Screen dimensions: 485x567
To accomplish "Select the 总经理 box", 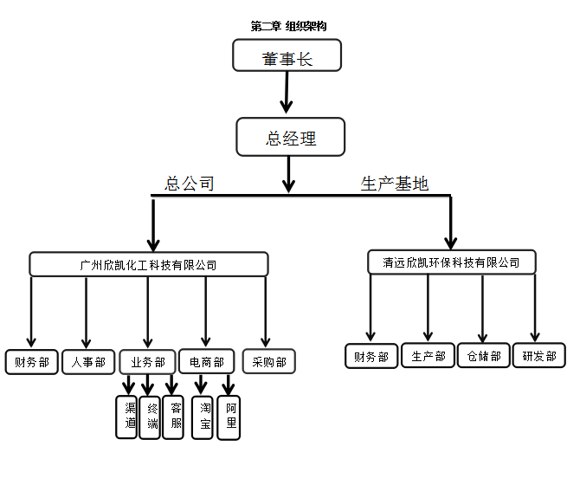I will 291,137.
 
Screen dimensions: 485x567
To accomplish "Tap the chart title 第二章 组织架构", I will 288,27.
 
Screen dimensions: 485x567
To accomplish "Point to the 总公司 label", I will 190,184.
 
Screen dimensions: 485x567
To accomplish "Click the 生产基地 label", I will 394,184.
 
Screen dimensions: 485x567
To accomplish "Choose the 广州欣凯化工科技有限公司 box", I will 148,264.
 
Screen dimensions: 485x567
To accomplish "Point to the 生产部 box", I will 428,356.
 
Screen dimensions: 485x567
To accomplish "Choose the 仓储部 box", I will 483,356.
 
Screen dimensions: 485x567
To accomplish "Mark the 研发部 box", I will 539,356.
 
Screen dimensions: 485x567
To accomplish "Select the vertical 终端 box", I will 150,417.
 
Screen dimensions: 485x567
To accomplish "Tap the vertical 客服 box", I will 173,417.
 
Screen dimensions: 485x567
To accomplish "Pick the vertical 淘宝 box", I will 202,417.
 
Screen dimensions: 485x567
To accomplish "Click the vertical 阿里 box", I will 229,417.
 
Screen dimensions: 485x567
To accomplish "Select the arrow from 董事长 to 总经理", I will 287,93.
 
